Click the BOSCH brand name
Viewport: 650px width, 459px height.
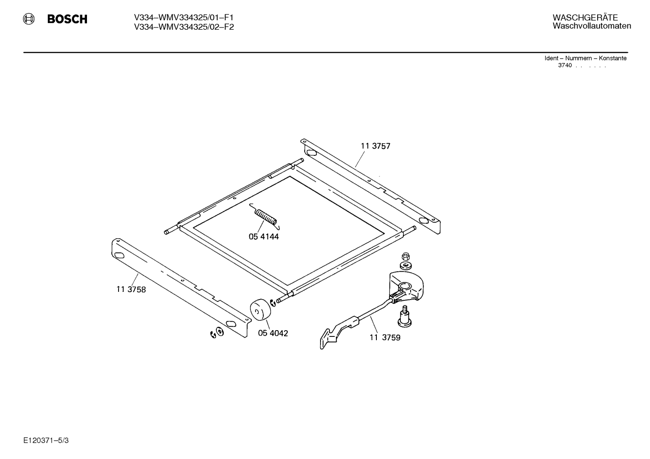(x=67, y=19)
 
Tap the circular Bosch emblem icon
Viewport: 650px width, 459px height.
(x=29, y=19)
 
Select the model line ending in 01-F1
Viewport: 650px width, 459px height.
(x=183, y=18)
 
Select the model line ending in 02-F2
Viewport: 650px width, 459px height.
(x=183, y=27)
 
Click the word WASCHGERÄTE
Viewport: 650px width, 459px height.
(x=585, y=17)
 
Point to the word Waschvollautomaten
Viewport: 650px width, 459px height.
(x=592, y=26)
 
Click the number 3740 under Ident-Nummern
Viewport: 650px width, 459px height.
(x=565, y=65)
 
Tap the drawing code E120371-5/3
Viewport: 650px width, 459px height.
(x=46, y=441)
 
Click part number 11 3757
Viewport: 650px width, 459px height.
(x=375, y=146)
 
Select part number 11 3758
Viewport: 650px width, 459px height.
(x=131, y=289)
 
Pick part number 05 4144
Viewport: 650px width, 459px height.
(x=264, y=237)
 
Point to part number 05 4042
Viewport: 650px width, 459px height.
(x=273, y=333)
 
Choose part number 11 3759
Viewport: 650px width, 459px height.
(x=385, y=337)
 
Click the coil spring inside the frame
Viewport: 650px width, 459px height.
(x=265, y=217)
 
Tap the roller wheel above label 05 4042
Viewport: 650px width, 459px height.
(x=260, y=309)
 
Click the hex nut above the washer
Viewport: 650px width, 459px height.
(x=406, y=256)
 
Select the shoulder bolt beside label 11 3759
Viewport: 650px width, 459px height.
(x=404, y=316)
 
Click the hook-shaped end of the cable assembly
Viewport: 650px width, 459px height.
(x=329, y=338)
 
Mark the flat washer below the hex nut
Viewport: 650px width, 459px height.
(x=406, y=265)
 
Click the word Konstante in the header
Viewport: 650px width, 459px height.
(x=613, y=58)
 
